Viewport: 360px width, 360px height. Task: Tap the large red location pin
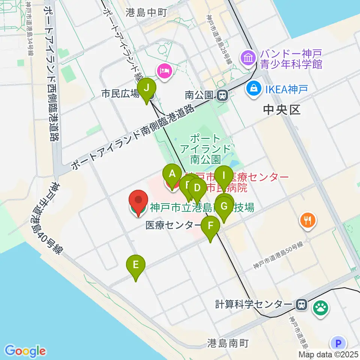pos(138,202)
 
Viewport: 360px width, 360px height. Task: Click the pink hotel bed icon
pos(165,70)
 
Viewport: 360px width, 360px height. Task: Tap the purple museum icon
pos(248,58)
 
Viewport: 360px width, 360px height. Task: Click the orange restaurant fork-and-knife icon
pos(308,220)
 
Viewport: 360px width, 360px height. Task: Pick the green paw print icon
pos(321,307)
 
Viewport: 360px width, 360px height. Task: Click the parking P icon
pos(338,343)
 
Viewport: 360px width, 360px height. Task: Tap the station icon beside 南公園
pos(222,95)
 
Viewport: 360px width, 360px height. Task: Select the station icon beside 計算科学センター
pos(301,304)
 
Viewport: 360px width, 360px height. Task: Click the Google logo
pos(25,351)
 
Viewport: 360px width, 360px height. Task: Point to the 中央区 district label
pos(282,110)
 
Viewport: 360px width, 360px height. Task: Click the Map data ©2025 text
pos(328,354)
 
